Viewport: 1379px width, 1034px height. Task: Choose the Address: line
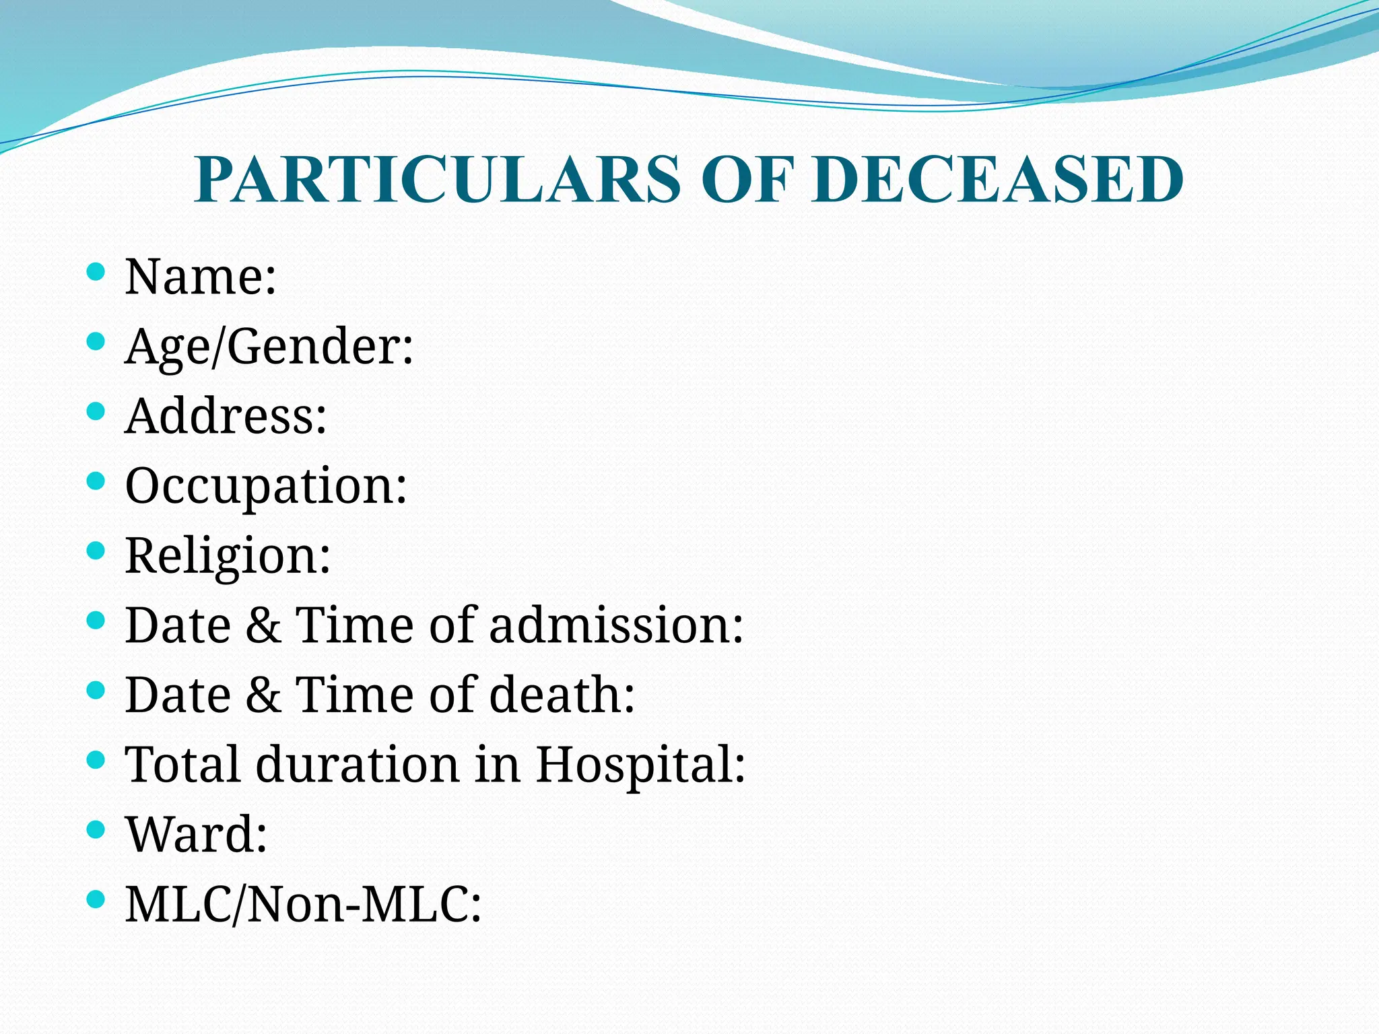click(x=226, y=415)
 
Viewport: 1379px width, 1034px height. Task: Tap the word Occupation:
click(x=266, y=486)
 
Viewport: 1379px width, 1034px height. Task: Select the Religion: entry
click(x=228, y=556)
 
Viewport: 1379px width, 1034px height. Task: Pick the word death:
click(x=562, y=694)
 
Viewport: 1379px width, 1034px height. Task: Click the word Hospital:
click(x=640, y=765)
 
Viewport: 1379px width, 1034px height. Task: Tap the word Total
click(x=182, y=765)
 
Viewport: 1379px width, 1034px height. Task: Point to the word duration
click(x=358, y=765)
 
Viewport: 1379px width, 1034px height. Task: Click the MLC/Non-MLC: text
click(x=304, y=904)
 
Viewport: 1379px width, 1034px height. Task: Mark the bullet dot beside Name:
click(x=96, y=272)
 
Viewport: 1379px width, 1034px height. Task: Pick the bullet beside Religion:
click(x=96, y=551)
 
